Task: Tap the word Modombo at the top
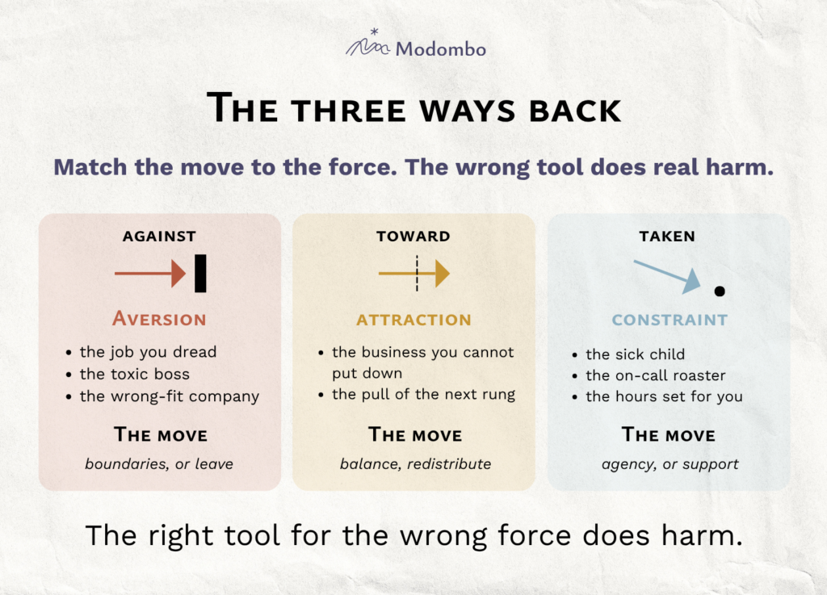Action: [x=440, y=49]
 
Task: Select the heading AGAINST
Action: [x=159, y=236]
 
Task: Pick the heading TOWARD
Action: [x=413, y=236]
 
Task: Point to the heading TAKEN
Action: [x=667, y=236]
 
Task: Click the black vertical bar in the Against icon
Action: [x=200, y=273]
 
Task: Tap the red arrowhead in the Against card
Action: [x=178, y=273]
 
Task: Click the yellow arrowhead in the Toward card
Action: [x=443, y=273]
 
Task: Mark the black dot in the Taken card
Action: [x=720, y=291]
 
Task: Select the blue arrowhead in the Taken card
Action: [x=692, y=282]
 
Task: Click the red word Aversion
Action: [x=159, y=319]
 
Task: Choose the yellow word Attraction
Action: [x=414, y=320]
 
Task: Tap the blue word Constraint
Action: [x=670, y=320]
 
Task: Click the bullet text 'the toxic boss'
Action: [x=135, y=374]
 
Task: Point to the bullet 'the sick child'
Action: [x=636, y=354]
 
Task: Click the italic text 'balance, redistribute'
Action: [x=416, y=463]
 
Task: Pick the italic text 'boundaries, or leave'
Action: [x=159, y=463]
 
